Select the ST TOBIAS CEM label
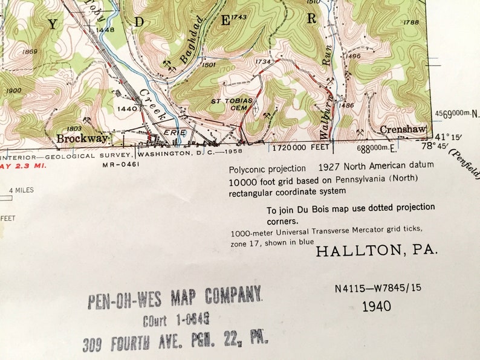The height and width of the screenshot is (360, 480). click(226, 104)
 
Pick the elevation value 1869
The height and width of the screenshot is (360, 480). click(29, 52)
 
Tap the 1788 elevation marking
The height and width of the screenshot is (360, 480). click(410, 22)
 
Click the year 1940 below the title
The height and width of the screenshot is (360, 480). click(377, 306)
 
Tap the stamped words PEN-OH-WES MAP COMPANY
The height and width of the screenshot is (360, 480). click(175, 296)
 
